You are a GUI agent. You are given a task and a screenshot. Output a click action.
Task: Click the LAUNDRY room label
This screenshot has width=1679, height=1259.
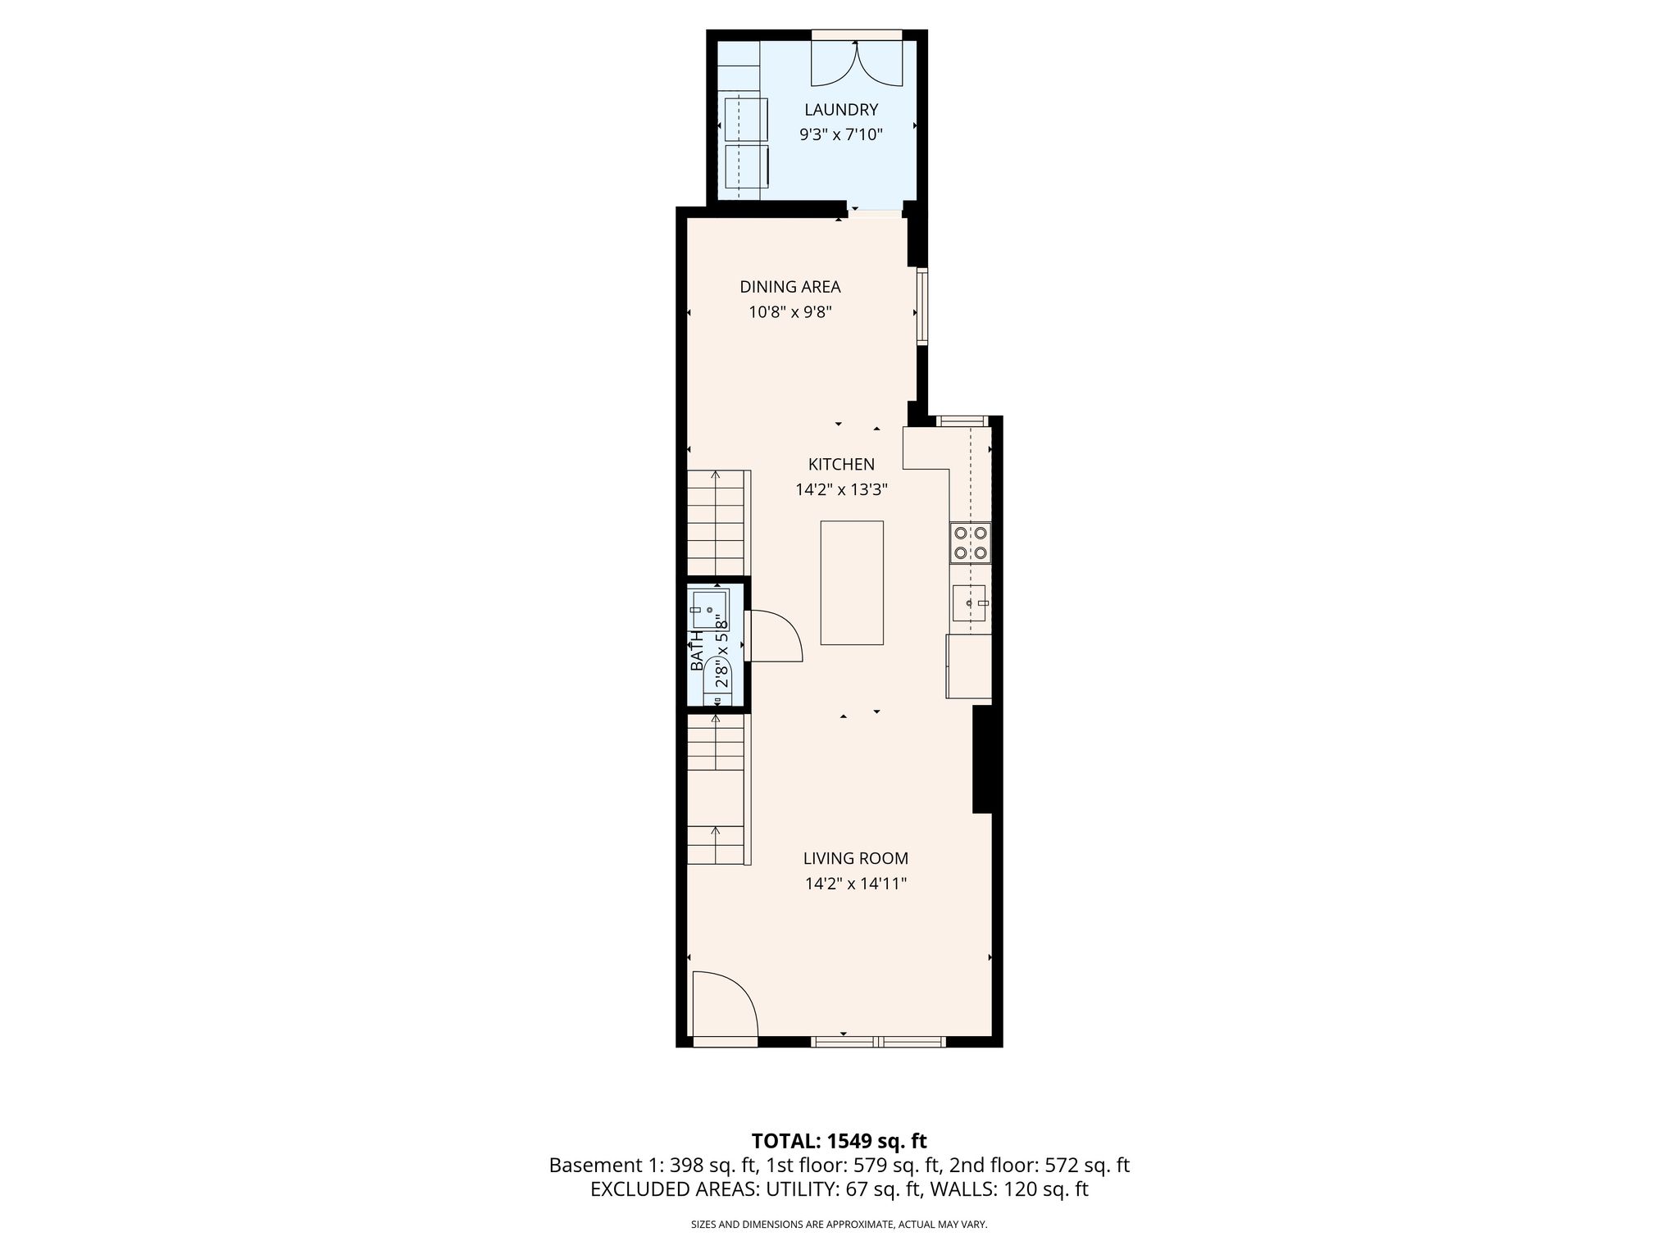[841, 110]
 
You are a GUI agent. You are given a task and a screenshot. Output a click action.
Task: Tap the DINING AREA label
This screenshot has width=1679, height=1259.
[790, 287]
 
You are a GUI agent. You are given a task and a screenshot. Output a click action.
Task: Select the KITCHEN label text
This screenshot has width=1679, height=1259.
[841, 464]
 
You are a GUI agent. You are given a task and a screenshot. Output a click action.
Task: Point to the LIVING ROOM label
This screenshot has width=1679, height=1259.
[855, 858]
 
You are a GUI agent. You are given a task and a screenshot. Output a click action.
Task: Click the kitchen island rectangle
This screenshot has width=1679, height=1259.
[852, 583]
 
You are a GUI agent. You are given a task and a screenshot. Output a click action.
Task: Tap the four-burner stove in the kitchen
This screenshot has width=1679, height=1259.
[970, 543]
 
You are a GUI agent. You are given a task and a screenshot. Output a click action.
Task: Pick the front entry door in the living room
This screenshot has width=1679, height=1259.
[726, 1005]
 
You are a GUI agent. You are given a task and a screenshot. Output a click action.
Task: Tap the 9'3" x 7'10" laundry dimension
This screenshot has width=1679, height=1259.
[841, 134]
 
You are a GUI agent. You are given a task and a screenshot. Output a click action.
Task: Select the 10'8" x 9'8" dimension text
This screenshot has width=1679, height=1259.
[790, 312]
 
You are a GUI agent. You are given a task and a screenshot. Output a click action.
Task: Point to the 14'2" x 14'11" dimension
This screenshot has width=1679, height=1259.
[855, 884]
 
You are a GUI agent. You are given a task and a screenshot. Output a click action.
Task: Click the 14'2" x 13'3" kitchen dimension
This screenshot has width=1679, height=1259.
[841, 490]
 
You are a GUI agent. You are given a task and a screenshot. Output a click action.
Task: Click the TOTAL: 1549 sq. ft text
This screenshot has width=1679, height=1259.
[839, 1141]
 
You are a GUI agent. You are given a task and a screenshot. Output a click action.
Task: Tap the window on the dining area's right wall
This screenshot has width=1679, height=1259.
[922, 306]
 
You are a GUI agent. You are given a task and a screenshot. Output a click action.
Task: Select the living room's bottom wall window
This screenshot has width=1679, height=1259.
[878, 1042]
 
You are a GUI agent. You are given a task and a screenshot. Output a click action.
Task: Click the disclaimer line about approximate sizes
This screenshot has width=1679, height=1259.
[839, 1225]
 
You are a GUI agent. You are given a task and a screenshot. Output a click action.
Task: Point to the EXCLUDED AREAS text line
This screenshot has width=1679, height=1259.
[839, 1189]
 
